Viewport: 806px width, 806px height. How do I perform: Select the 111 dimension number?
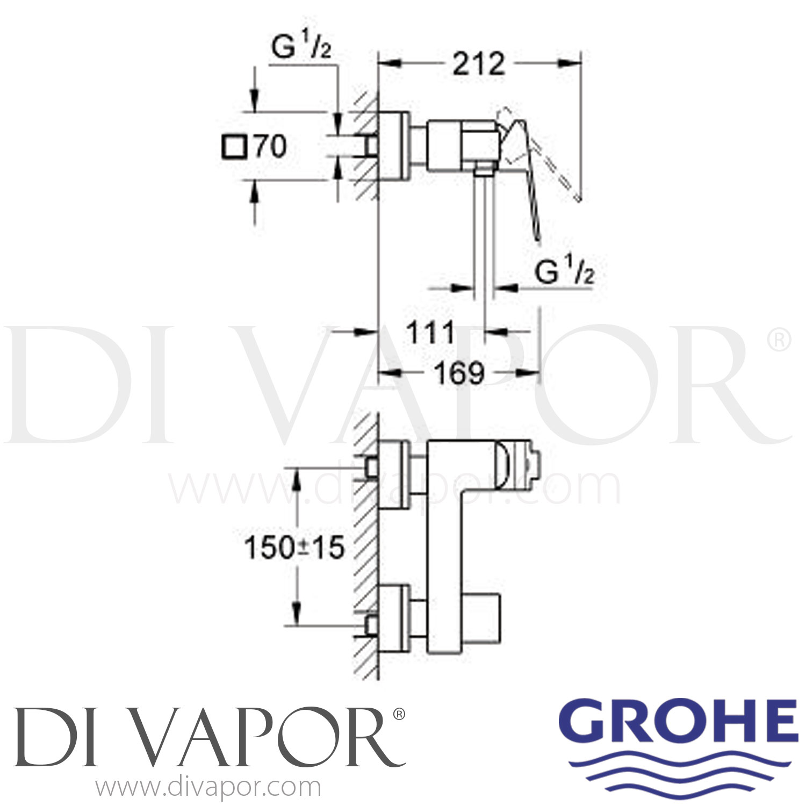tap(430, 333)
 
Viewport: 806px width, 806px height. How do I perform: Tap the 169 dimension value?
tap(459, 372)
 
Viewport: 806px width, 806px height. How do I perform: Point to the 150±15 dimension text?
tap(294, 548)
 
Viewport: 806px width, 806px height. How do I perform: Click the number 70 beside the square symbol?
tap(270, 146)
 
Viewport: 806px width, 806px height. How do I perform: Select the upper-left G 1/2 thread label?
tap(301, 48)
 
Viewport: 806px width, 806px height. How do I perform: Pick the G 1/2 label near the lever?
tap(565, 272)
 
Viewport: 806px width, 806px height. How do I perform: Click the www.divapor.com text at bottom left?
tap(208, 788)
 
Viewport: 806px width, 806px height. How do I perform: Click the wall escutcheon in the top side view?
tap(394, 146)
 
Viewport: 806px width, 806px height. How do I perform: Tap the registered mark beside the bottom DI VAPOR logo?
tap(399, 714)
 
